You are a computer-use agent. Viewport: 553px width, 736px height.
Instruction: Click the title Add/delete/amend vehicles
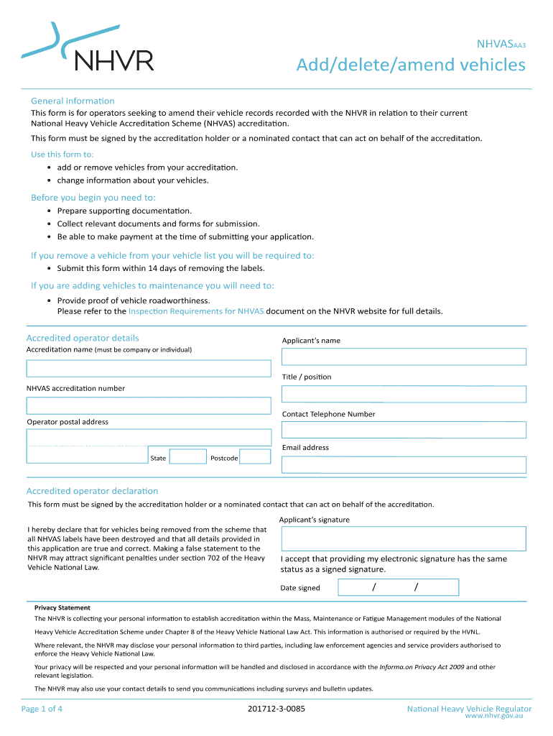pyautogui.click(x=411, y=65)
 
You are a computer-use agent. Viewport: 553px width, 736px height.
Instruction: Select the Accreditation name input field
pyautogui.click(x=149, y=368)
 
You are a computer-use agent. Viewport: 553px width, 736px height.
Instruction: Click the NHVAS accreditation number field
pyautogui.click(x=149, y=405)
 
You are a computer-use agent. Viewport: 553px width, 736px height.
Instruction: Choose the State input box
pyautogui.click(x=188, y=457)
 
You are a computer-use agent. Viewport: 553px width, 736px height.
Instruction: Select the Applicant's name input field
pyautogui.click(x=404, y=356)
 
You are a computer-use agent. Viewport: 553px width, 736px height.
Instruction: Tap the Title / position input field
pyautogui.click(x=404, y=394)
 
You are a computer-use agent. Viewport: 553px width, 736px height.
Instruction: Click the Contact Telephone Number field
pyautogui.click(x=404, y=430)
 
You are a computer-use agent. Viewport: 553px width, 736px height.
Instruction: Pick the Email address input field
pyautogui.click(x=404, y=464)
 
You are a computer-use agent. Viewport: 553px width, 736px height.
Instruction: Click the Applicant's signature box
pyautogui.click(x=404, y=538)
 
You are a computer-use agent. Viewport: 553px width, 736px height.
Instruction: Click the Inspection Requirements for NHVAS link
pyautogui.click(x=196, y=311)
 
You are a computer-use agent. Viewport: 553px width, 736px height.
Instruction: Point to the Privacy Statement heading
pyautogui.click(x=62, y=607)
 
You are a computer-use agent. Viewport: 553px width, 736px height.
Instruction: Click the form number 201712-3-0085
pyautogui.click(x=276, y=709)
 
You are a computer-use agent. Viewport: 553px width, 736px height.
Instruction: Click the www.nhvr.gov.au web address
pyautogui.click(x=493, y=717)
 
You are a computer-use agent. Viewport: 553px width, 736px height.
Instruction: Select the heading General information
pyautogui.click(x=73, y=101)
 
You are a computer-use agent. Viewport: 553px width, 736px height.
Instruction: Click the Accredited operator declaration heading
pyautogui.click(x=92, y=491)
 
